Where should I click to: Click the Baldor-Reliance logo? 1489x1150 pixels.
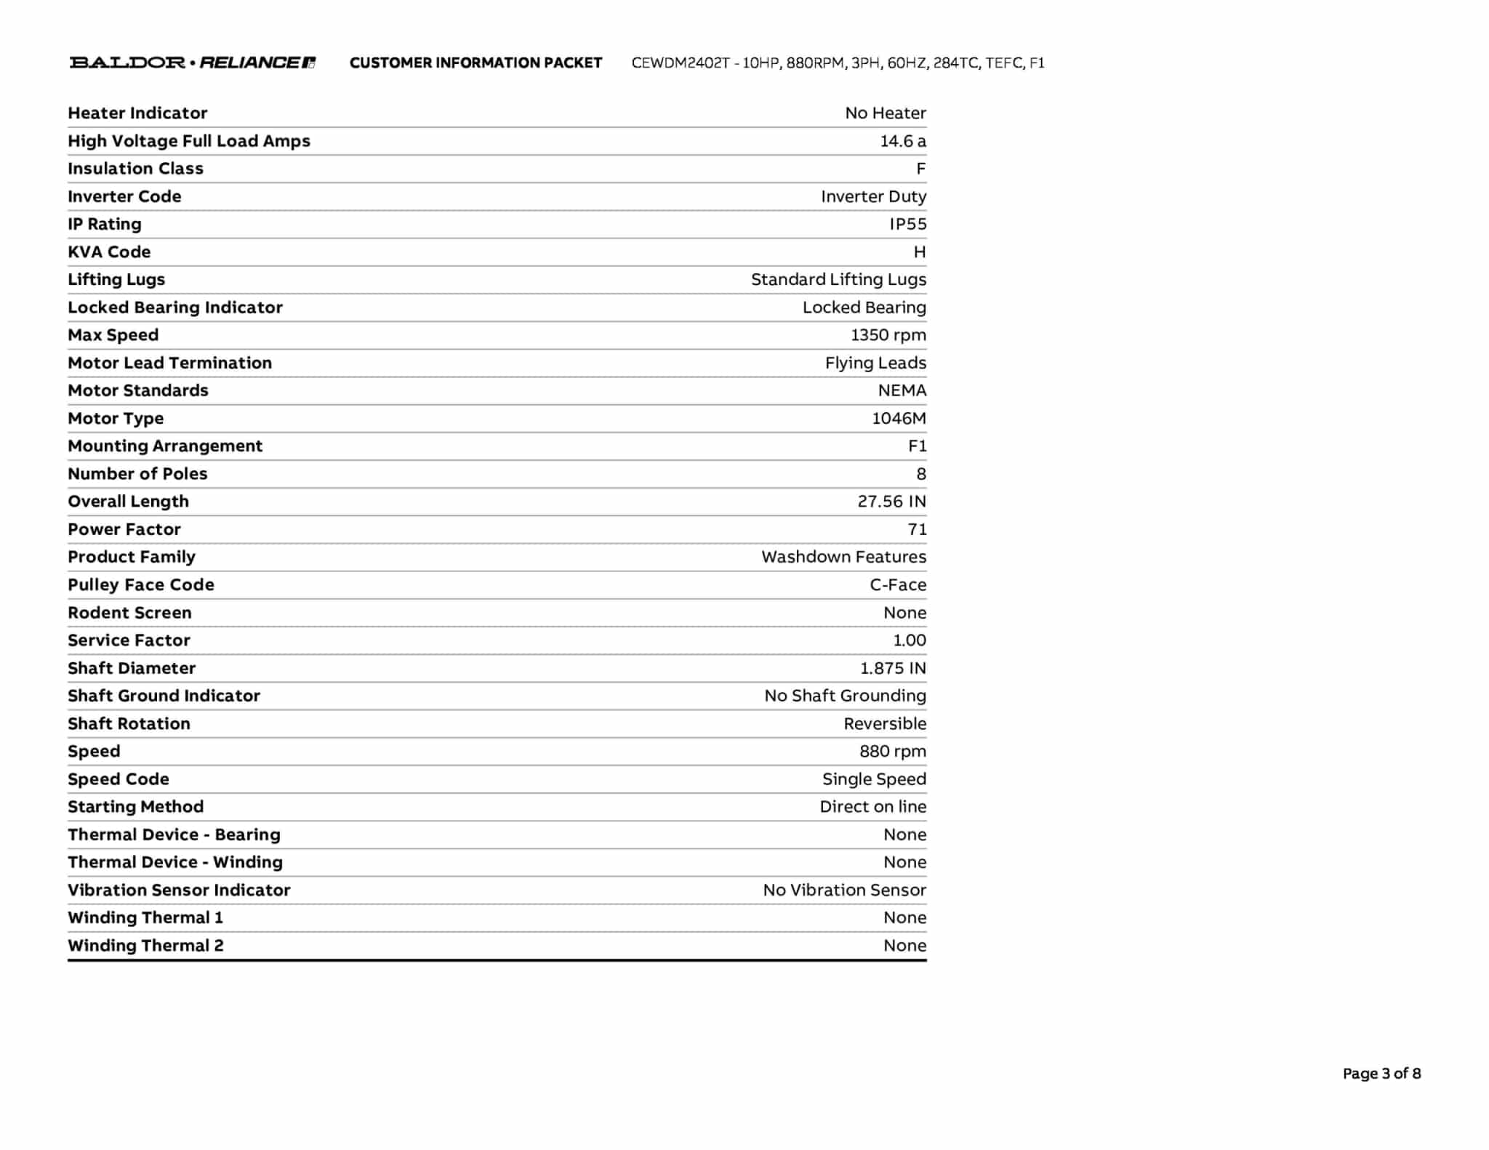pyautogui.click(x=193, y=63)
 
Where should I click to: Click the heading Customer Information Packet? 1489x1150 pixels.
pyautogui.click(x=475, y=63)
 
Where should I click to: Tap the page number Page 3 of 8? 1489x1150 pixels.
pyautogui.click(x=1381, y=1073)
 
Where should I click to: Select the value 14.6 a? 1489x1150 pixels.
pyautogui.click(x=903, y=141)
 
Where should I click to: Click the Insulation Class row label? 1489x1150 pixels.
pyautogui.click(x=135, y=169)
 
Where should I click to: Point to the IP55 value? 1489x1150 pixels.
pyautogui.click(x=907, y=224)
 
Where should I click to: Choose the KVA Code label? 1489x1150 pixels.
pyautogui.click(x=109, y=252)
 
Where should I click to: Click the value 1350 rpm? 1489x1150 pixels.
pyautogui.click(x=888, y=335)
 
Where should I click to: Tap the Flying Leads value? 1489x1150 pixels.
pyautogui.click(x=875, y=363)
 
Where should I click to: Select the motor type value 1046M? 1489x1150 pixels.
pyautogui.click(x=899, y=418)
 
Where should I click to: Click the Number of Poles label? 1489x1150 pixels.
pyautogui.click(x=137, y=474)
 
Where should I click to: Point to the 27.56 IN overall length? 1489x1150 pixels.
pyautogui.click(x=891, y=502)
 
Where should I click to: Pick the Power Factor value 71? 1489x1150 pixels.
pyautogui.click(x=917, y=529)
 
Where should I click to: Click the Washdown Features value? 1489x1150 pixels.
pyautogui.click(x=843, y=557)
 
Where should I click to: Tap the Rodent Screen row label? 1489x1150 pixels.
pyautogui.click(x=129, y=613)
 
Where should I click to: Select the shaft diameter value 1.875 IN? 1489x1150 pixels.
pyautogui.click(x=893, y=668)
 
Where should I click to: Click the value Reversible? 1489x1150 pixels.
pyautogui.click(x=885, y=724)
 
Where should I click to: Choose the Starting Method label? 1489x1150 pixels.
pyautogui.click(x=135, y=807)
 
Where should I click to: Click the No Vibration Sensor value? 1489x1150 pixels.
pyautogui.click(x=844, y=890)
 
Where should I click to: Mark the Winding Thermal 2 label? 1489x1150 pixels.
pyautogui.click(x=145, y=946)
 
